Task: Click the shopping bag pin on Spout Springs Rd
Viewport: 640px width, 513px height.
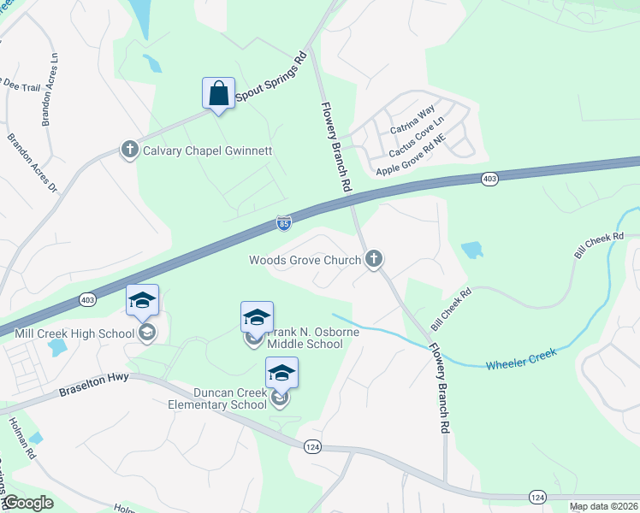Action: coord(218,91)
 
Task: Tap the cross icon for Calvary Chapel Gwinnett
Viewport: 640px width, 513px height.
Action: coord(130,150)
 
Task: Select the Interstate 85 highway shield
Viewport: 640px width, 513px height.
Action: coord(284,223)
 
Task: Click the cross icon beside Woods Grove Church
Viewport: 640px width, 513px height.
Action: coord(373,259)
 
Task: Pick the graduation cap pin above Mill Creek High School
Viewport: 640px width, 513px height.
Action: coord(142,300)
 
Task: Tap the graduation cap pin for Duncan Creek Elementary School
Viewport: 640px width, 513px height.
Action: coord(281,373)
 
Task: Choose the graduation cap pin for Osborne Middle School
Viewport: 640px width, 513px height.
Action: coord(257,317)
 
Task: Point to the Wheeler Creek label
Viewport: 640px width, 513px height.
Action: coord(520,358)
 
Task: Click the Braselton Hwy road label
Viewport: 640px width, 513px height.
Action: coord(93,386)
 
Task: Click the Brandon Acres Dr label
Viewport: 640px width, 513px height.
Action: coord(31,162)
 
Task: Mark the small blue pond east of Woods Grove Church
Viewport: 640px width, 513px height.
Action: coord(471,250)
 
